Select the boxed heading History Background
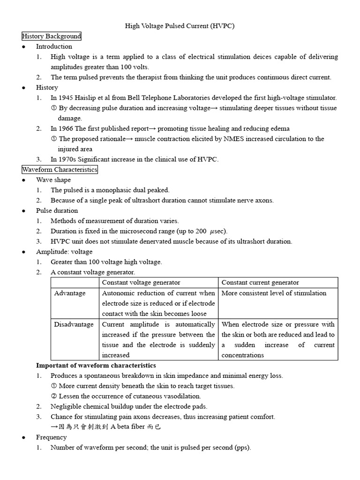pyautogui.click(x=52, y=36)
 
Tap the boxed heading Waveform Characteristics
pyautogui.click(x=60, y=169)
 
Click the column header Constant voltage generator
pyautogui.click(x=141, y=282)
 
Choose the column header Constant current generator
pyautogui.click(x=260, y=282)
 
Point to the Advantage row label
pyautogui.click(x=70, y=293)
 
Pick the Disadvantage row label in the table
pyautogui.click(x=74, y=324)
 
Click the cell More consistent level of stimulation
pyautogui.click(x=274, y=293)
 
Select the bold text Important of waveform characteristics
pyautogui.click(x=96, y=365)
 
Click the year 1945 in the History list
pyautogui.click(x=65, y=97)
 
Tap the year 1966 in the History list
pyautogui.click(x=65, y=128)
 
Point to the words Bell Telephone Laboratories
pyautogui.click(x=166, y=97)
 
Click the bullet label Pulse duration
pyautogui.click(x=57, y=210)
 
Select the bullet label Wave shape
pyautogui.click(x=53, y=180)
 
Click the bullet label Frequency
pyautogui.click(x=51, y=437)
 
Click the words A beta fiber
pyautogui.click(x=129, y=427)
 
